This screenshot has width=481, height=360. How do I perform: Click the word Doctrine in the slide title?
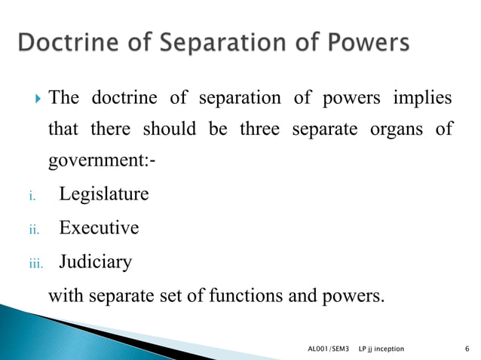(65, 44)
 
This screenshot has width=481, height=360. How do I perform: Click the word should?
(167, 130)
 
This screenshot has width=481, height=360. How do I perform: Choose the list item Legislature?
(104, 194)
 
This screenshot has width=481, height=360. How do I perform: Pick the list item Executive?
(99, 227)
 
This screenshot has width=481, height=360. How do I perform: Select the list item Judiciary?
(96, 261)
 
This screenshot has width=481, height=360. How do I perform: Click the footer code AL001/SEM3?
(329, 349)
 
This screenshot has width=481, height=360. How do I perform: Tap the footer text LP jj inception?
(381, 349)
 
